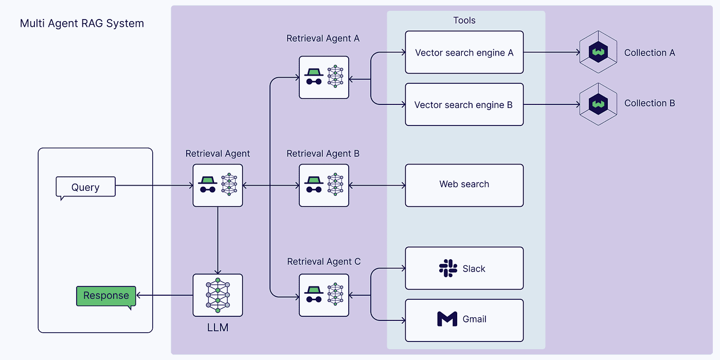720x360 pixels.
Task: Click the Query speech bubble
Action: click(85, 187)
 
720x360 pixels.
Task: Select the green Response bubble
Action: click(106, 296)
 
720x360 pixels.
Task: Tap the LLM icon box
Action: click(218, 295)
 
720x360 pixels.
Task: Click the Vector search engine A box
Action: click(464, 52)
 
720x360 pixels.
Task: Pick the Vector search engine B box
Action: click(464, 105)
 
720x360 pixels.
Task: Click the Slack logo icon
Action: click(448, 268)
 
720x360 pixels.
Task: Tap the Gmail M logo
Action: click(447, 319)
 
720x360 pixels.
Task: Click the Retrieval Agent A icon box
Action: click(324, 78)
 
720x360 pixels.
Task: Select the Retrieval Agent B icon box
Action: click(324, 185)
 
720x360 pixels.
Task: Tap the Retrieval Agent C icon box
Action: click(324, 295)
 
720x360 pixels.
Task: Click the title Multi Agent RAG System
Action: click(82, 24)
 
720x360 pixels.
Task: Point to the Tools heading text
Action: click(464, 21)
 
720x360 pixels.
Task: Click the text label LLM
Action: click(218, 327)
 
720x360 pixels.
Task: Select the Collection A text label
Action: click(649, 52)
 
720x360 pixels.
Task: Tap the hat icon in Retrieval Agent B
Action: click(313, 181)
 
